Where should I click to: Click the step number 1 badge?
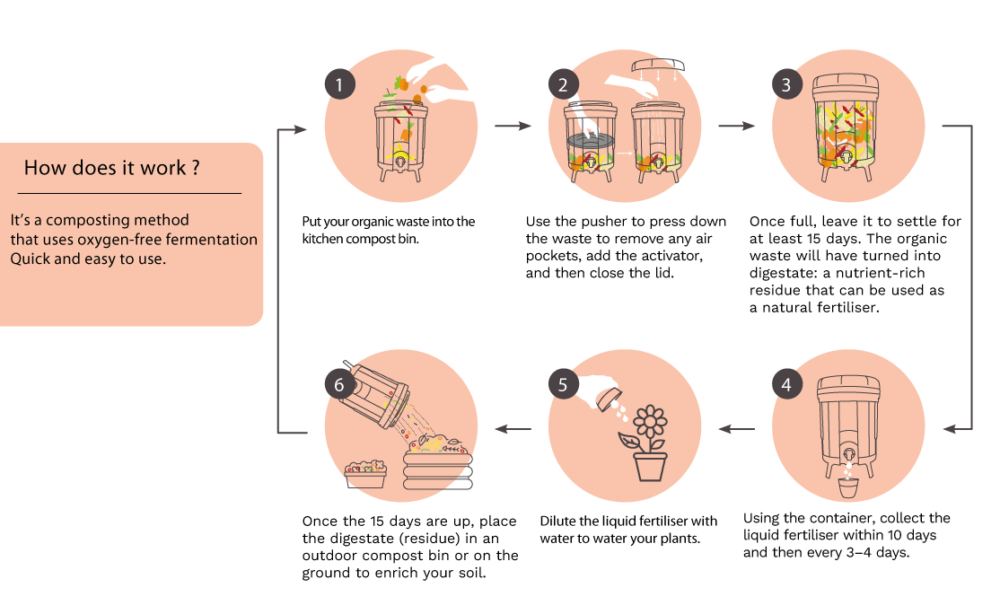pyautogui.click(x=339, y=84)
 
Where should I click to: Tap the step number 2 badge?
pyautogui.click(x=563, y=84)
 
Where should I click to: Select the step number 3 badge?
pyautogui.click(x=787, y=84)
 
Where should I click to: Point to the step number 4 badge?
pyautogui.click(x=787, y=384)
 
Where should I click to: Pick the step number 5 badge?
pyautogui.click(x=563, y=384)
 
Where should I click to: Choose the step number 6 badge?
pyautogui.click(x=339, y=384)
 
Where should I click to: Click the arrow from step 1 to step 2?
pyautogui.click(x=513, y=127)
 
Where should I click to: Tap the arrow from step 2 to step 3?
pyautogui.click(x=737, y=127)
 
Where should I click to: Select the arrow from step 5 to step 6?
pyautogui.click(x=513, y=429)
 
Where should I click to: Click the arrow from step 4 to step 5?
pyautogui.click(x=737, y=429)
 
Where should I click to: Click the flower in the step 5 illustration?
pyautogui.click(x=651, y=421)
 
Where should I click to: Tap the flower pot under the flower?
pyautogui.click(x=651, y=467)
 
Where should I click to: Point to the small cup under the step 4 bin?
pyautogui.click(x=848, y=488)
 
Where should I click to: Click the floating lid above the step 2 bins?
pyautogui.click(x=657, y=65)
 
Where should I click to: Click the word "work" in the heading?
pyautogui.click(x=162, y=168)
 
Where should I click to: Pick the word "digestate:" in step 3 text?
pyautogui.click(x=782, y=274)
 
